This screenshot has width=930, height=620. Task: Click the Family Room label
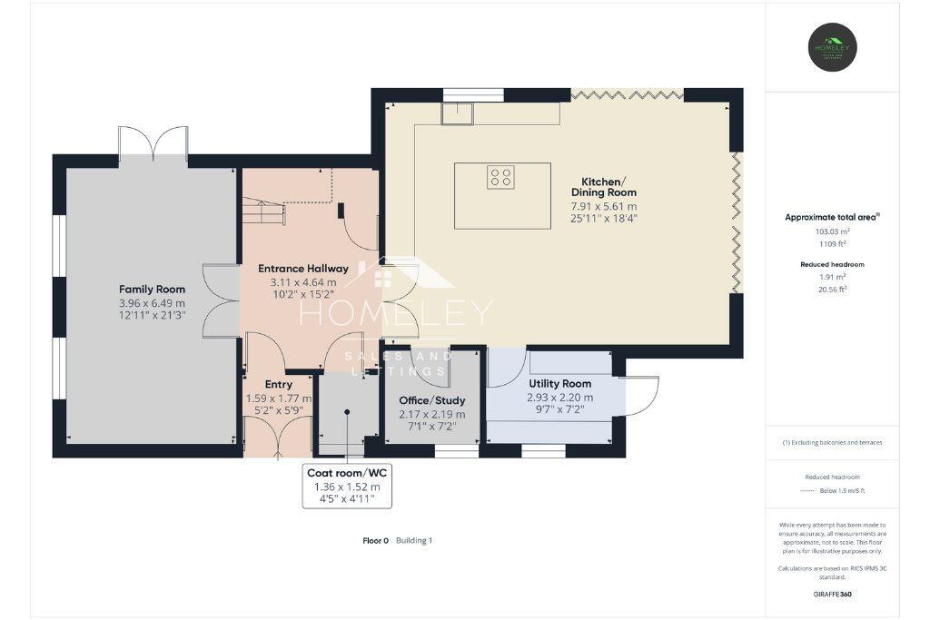point(152,290)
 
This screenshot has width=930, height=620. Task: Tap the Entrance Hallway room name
point(303,269)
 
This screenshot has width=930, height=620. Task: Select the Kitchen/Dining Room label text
point(603,186)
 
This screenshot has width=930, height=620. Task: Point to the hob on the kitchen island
point(500,176)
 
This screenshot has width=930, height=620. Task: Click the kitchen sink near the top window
point(457,113)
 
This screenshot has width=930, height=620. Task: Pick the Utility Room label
point(559,384)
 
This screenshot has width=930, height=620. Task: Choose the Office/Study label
point(431,400)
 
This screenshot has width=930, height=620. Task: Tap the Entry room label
point(279,385)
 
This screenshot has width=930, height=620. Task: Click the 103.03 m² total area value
point(833,231)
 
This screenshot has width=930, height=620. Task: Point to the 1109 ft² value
point(833,243)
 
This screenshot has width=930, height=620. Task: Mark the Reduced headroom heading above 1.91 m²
point(833,264)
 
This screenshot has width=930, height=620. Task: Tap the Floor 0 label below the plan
point(375,540)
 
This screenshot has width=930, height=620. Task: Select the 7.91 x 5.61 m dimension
point(603,207)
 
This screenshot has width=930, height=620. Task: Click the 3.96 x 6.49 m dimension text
point(152,303)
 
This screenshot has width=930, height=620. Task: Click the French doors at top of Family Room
point(153,143)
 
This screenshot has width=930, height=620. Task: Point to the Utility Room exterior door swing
point(640,396)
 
